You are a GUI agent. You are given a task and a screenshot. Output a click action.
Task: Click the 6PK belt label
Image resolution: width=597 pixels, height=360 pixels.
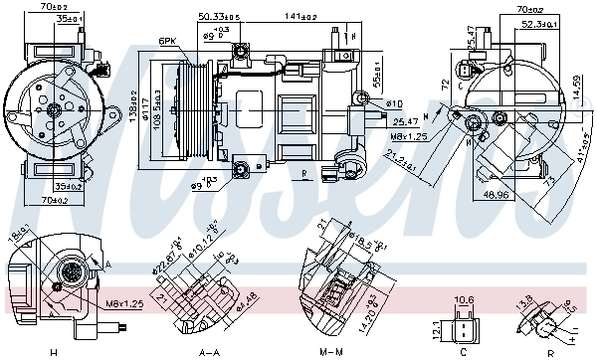click(x=166, y=41)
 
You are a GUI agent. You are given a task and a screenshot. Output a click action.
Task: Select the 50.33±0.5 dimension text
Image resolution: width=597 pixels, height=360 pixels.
click(x=218, y=17)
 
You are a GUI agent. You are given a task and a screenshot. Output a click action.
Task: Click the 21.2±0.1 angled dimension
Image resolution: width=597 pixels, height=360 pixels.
click(x=401, y=159)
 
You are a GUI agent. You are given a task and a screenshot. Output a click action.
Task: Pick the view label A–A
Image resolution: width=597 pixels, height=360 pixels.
click(x=209, y=351)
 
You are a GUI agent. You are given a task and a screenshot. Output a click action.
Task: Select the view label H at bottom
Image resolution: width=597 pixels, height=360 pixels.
click(x=53, y=351)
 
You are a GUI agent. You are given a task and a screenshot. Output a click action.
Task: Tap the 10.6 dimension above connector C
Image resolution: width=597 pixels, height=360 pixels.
click(x=464, y=299)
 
